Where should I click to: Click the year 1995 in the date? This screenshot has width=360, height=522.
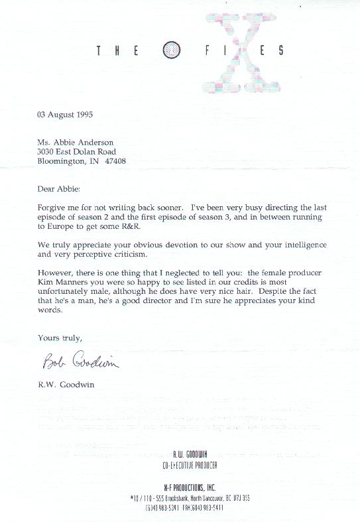(x=83, y=114)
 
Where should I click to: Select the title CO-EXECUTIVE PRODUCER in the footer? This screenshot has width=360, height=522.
(x=190, y=466)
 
